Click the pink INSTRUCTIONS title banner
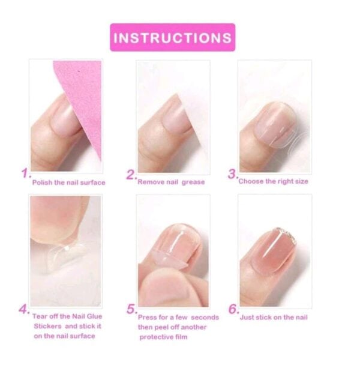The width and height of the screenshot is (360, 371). pyautogui.click(x=173, y=37)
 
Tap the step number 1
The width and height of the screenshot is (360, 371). pyautogui.click(x=26, y=173)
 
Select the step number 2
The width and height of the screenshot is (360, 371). pyautogui.click(x=131, y=175)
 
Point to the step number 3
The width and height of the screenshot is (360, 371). pyautogui.click(x=233, y=174)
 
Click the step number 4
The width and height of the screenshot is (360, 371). pyautogui.click(x=24, y=309)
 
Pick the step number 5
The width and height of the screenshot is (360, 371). pyautogui.click(x=132, y=309)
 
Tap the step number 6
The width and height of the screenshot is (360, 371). pyautogui.click(x=233, y=309)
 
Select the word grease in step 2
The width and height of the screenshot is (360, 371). pyautogui.click(x=193, y=182)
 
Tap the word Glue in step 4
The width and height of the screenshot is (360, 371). pyautogui.click(x=94, y=316)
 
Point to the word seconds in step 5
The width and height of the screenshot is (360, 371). pyautogui.click(x=205, y=318)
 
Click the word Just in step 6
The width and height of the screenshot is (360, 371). pyautogui.click(x=246, y=318)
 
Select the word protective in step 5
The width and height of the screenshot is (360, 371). pyautogui.click(x=155, y=337)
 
